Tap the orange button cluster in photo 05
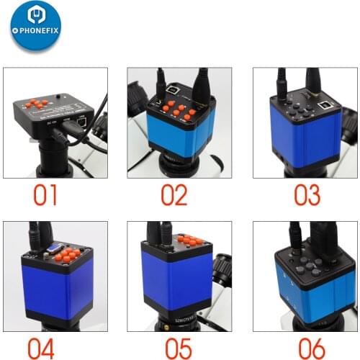click(x=191, y=240)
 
